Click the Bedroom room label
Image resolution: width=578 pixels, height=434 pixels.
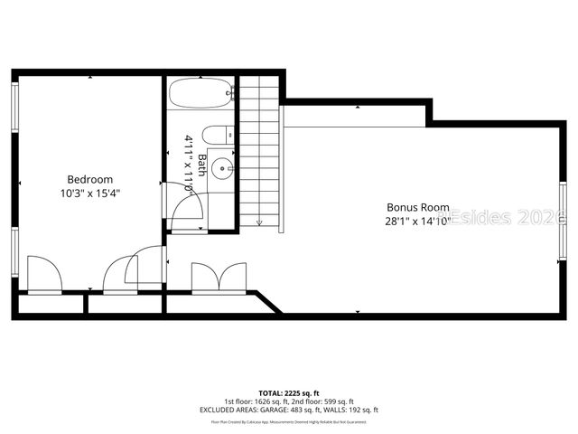coord(89,179)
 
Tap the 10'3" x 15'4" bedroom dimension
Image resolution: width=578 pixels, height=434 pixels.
coord(89,193)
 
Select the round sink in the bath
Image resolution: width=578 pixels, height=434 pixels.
coord(226,167)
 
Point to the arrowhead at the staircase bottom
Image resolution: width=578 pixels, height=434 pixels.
coord(259,222)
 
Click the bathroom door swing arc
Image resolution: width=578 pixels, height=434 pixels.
coord(184,203)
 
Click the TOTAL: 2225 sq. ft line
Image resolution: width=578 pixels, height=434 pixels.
coord(289,393)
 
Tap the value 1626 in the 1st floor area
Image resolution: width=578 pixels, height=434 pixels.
coord(266,401)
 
